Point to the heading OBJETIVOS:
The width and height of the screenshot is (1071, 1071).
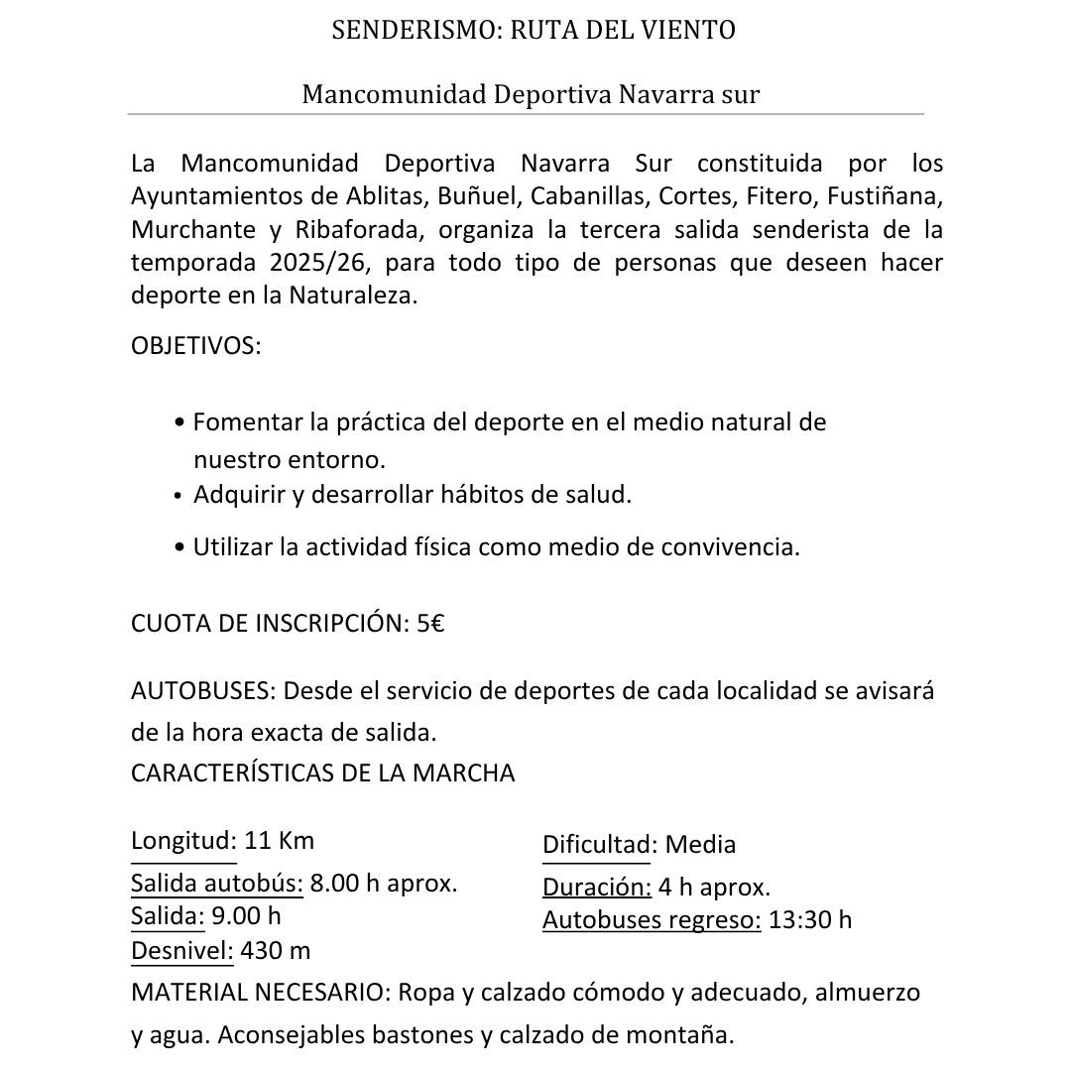click(x=195, y=347)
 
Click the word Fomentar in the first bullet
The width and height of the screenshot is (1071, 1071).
click(x=247, y=422)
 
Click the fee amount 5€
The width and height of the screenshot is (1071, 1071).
click(x=429, y=624)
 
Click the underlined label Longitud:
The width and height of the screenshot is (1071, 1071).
click(x=183, y=841)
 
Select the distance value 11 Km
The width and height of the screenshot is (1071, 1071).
click(x=279, y=841)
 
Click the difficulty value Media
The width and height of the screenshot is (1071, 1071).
click(x=700, y=845)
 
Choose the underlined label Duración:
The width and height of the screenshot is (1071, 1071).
click(x=596, y=888)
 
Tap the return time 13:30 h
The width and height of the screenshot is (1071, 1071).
click(x=809, y=920)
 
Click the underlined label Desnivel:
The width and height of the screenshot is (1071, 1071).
click(x=182, y=951)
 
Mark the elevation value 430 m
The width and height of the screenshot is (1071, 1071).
click(x=276, y=951)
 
